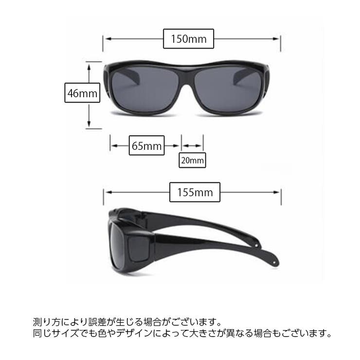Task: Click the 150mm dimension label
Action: [x=188, y=39]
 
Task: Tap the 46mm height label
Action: [x=82, y=93]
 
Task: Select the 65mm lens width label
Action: [x=146, y=145]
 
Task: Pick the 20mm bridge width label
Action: [x=192, y=160]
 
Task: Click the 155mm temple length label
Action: [x=195, y=192]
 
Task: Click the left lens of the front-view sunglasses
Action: [x=145, y=90]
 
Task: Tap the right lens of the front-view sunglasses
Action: [x=228, y=90]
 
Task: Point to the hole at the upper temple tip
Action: [x=256, y=245]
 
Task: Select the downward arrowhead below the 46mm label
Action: [x=89, y=124]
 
